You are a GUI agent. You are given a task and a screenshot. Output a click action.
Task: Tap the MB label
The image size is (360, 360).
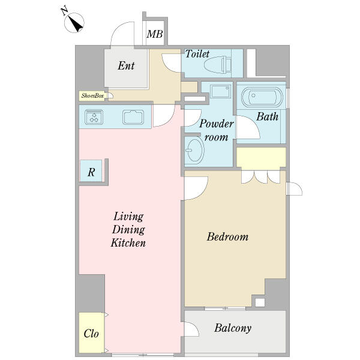click(155, 34)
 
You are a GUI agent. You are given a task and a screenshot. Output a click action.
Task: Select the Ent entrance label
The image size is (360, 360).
click(126, 65)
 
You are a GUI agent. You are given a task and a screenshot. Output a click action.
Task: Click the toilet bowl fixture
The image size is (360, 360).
click(217, 65)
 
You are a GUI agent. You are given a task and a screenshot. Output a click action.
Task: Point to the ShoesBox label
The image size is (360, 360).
click(92, 95)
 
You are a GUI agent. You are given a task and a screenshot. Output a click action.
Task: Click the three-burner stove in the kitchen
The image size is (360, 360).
click(94, 117)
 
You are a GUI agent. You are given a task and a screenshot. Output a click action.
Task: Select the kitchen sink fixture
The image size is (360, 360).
click(133, 117)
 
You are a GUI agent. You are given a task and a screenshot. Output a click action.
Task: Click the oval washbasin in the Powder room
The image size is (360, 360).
click(194, 150)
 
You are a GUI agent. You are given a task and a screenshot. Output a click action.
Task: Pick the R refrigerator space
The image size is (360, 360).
click(91, 171)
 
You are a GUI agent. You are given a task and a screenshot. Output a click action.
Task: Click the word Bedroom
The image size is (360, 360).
click(227, 237)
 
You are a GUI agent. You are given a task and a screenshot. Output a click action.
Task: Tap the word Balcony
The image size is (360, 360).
click(233, 328)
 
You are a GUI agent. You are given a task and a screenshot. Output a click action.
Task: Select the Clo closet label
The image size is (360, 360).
click(91, 334)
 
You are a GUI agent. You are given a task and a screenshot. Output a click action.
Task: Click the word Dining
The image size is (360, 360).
click(128, 230)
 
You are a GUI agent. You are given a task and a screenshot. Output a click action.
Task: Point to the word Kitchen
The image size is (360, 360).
click(128, 242)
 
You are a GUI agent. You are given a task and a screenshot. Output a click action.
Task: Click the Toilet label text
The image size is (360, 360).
click(197, 54)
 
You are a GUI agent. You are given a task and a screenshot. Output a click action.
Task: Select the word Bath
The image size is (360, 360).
click(267, 116)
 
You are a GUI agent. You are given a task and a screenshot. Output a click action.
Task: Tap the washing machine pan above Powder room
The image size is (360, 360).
click(220, 91)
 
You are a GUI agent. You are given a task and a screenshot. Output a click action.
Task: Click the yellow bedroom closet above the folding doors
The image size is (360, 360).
click(261, 157)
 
